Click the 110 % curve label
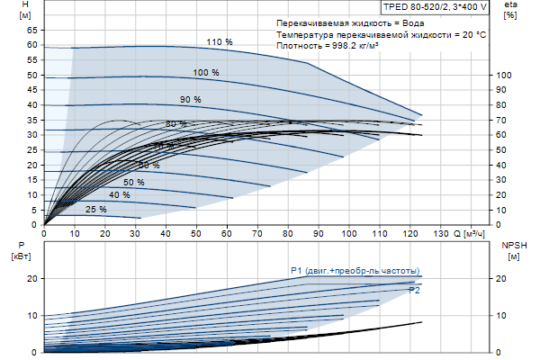(x=220, y=42)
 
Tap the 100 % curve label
(x=206, y=72)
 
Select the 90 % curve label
(x=191, y=100)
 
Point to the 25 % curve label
(x=95, y=210)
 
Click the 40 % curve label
(x=119, y=195)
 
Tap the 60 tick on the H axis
(x=32, y=44)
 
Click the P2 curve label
(x=414, y=291)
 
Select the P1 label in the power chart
(x=296, y=270)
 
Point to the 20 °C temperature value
(x=474, y=33)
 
